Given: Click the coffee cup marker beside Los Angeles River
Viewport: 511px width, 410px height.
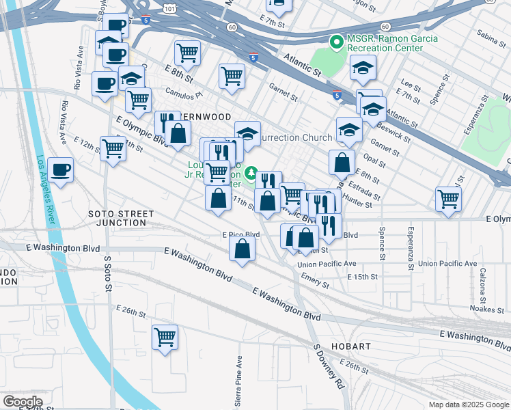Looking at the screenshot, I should coord(61,169).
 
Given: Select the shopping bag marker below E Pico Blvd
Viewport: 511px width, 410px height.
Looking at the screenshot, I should coord(243,249).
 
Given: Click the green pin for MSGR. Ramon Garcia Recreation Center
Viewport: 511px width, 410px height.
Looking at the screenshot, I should coord(336,42).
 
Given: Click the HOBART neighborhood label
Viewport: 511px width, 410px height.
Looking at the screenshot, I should coord(351,346).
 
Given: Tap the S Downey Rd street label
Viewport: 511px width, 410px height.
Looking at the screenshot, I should coord(329,366).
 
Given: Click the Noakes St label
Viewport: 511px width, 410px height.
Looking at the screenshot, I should coord(487,309).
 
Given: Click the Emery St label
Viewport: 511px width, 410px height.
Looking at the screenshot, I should coord(315,280).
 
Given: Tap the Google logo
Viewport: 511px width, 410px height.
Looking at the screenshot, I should coord(23,402).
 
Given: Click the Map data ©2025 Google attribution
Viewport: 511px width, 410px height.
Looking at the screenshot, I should coord(468,405).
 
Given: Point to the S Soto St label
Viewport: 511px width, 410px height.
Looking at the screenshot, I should coord(108,272).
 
